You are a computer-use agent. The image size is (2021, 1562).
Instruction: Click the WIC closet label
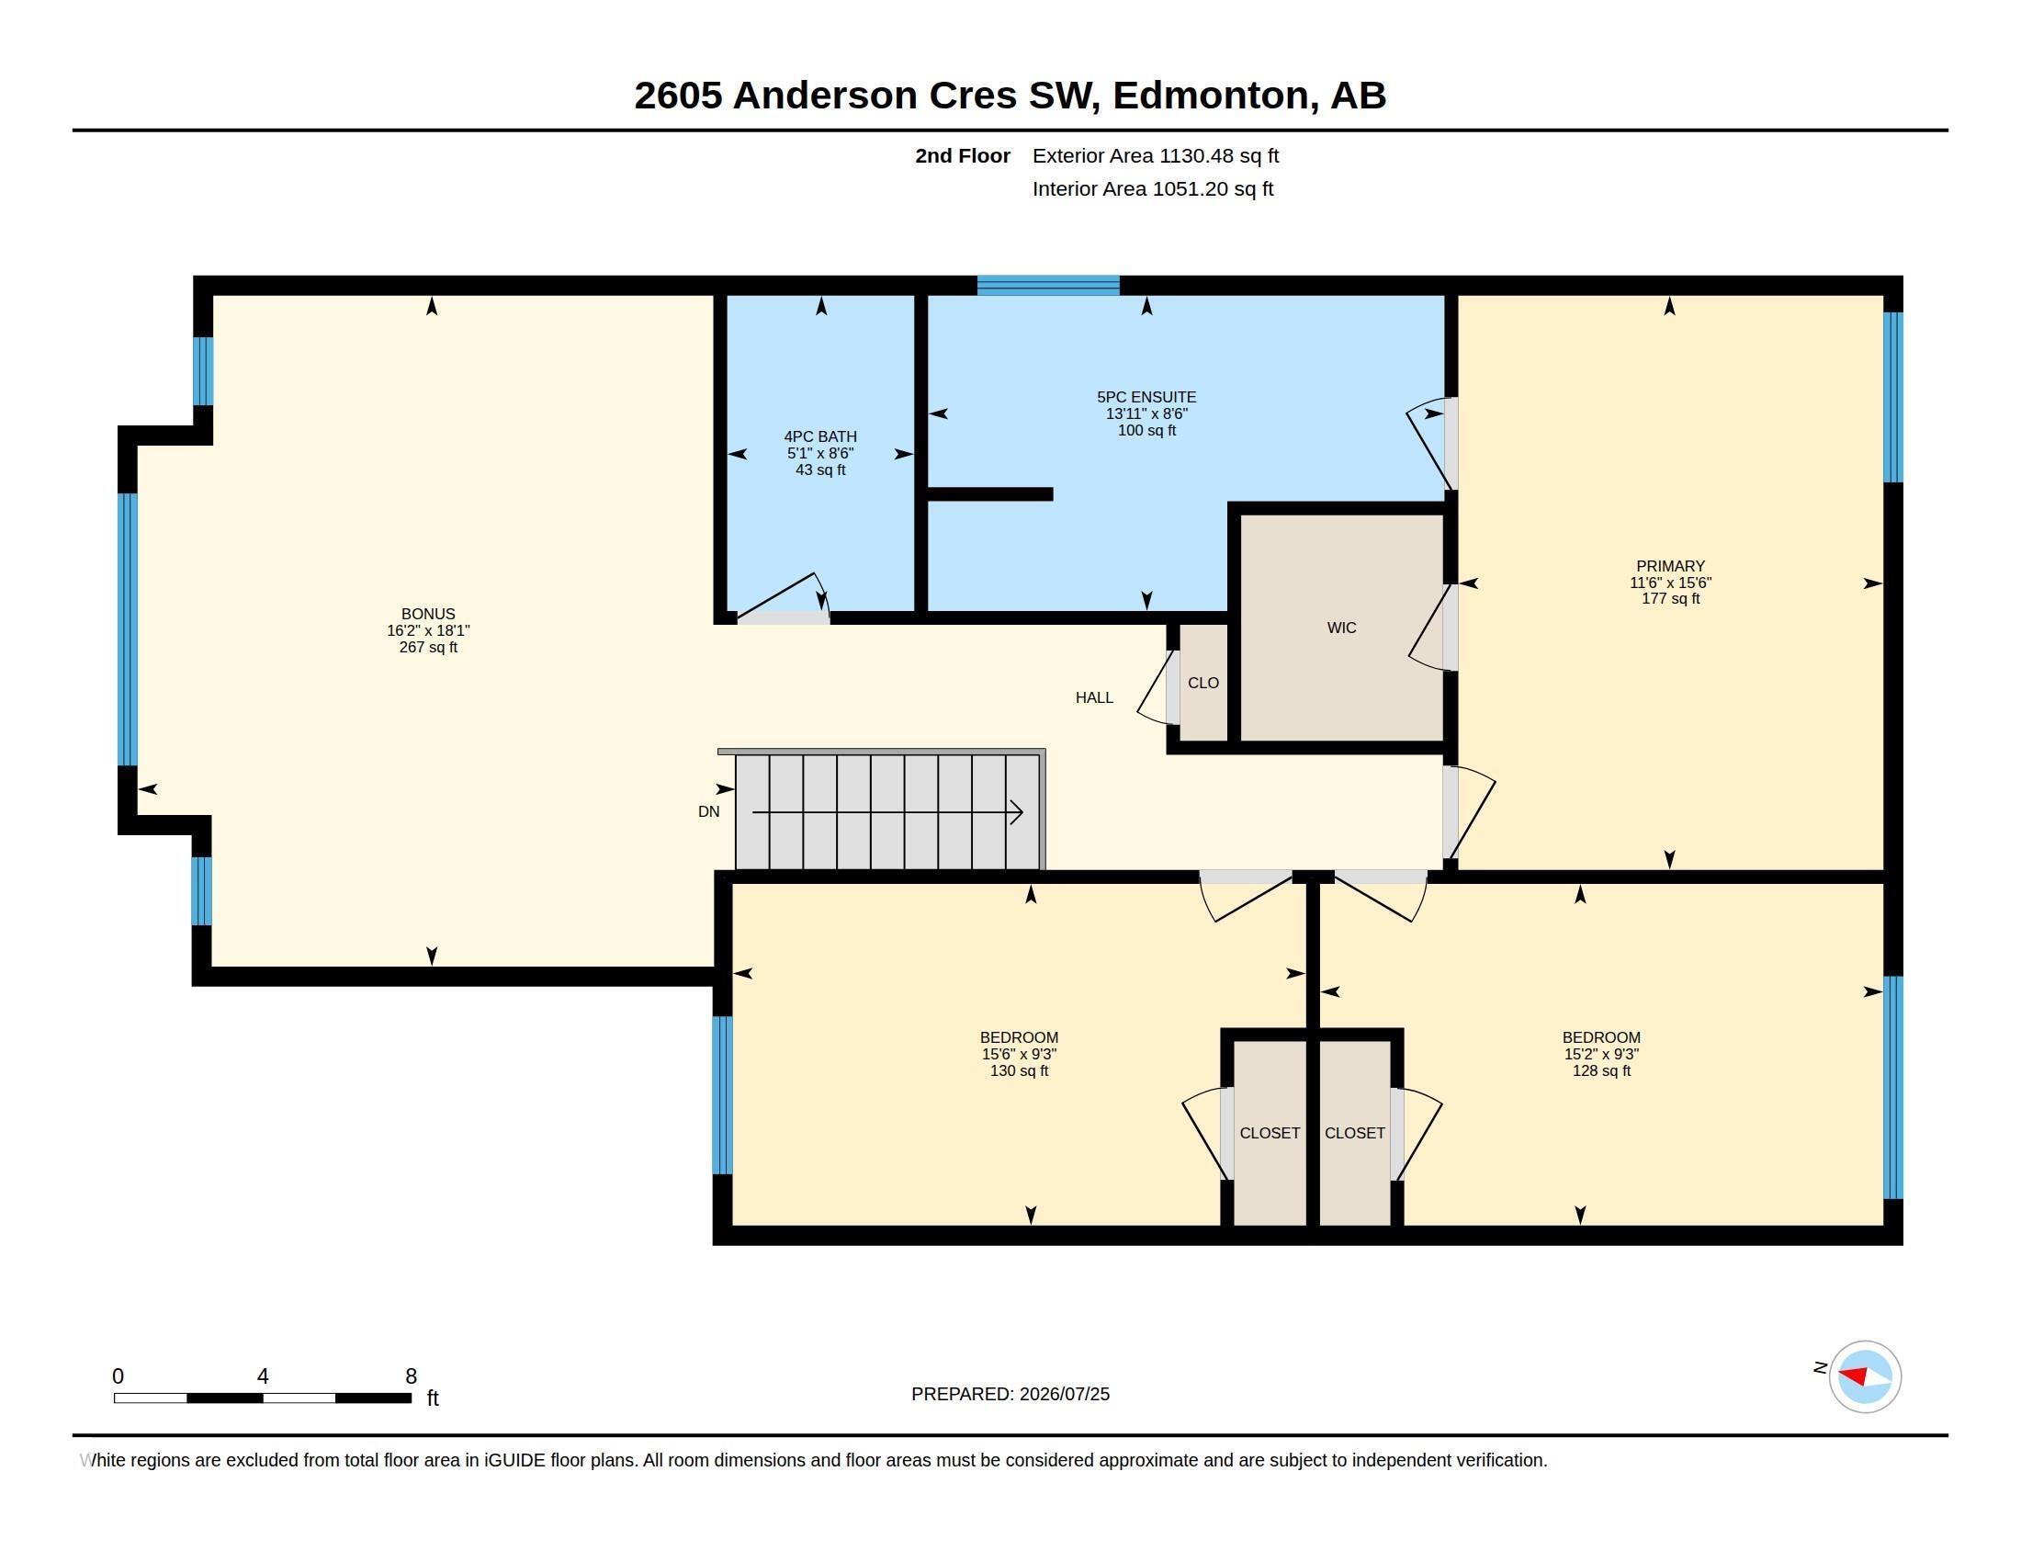[1342, 628]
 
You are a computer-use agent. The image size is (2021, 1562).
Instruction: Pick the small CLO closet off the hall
[1203, 683]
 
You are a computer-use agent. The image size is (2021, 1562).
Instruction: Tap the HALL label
[1094, 697]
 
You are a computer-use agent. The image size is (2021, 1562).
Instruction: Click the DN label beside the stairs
[709, 811]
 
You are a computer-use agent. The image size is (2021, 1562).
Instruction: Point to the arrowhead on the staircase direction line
[1016, 812]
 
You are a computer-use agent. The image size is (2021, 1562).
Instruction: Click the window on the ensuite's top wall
[1048, 285]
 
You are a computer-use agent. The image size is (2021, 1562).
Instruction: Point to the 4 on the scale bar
[263, 1376]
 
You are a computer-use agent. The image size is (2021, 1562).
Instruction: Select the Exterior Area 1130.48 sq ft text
[1156, 155]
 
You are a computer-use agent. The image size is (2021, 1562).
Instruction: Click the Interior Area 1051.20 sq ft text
[1153, 188]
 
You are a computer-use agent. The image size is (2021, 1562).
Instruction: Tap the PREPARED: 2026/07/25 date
[1010, 1394]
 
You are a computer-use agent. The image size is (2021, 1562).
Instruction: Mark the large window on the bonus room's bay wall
[128, 629]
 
